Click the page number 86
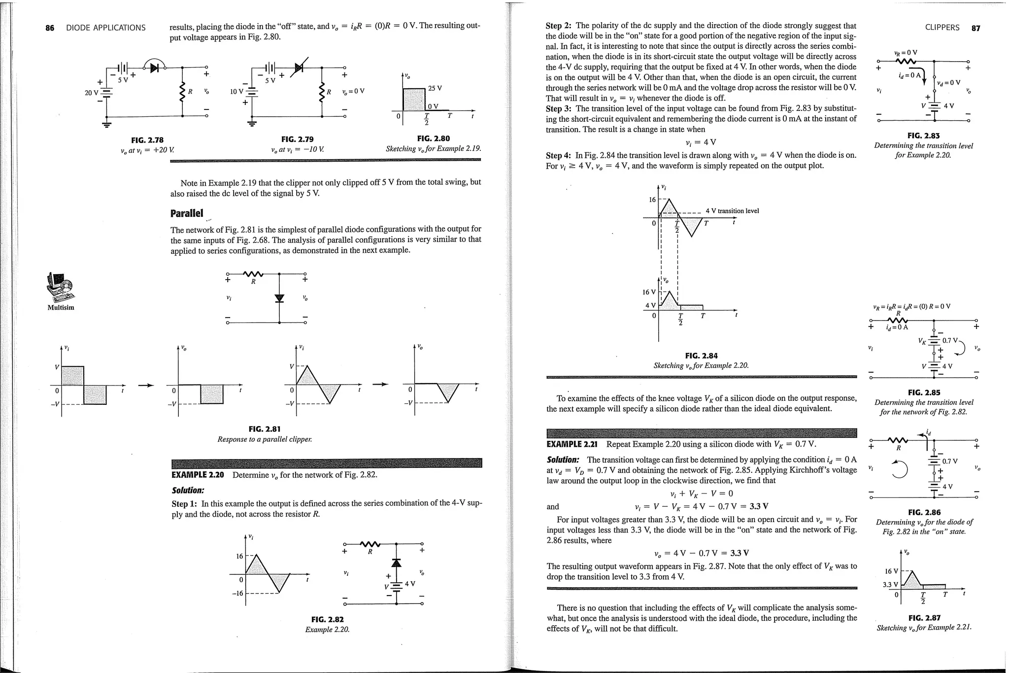(x=50, y=28)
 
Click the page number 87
(x=975, y=28)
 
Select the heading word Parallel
(x=186, y=213)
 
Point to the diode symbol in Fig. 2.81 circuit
(x=279, y=298)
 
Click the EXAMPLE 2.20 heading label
(x=198, y=475)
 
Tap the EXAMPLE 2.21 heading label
(x=572, y=444)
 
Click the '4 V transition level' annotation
(x=732, y=211)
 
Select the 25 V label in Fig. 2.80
(x=435, y=88)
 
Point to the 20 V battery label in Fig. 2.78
(x=91, y=92)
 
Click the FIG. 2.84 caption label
(x=701, y=355)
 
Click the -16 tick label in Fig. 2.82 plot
(x=237, y=593)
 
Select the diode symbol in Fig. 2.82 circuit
(x=396, y=563)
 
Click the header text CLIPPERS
(x=942, y=28)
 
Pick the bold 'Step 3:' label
(x=559, y=108)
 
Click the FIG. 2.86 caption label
(x=923, y=512)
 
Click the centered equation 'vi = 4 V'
(x=701, y=142)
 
